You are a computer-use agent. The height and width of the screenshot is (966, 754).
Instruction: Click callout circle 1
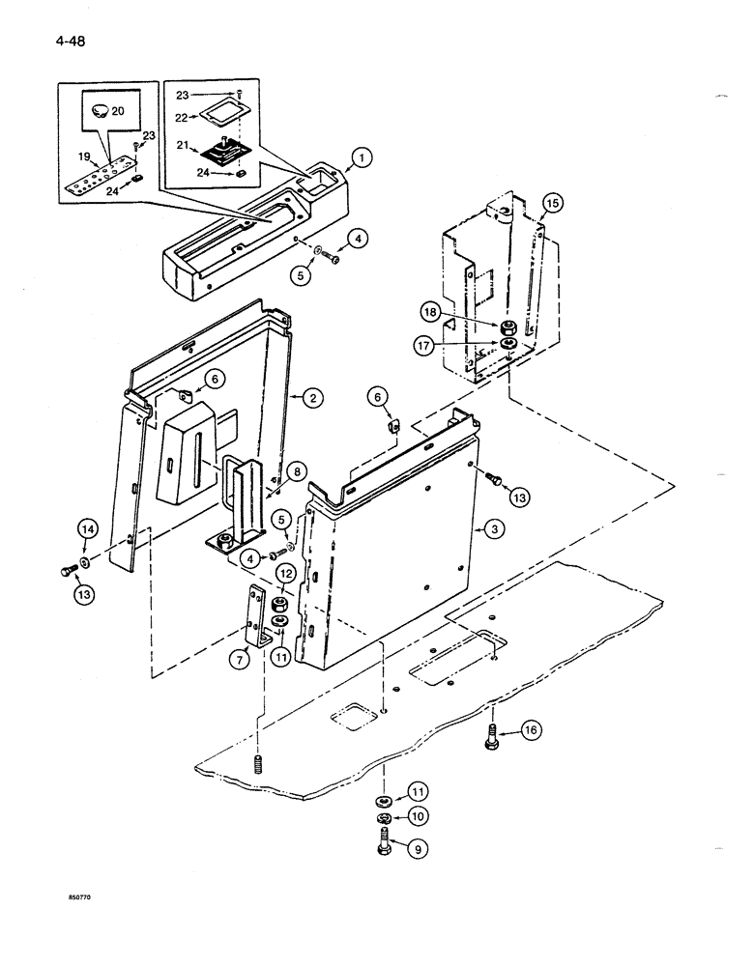click(x=361, y=157)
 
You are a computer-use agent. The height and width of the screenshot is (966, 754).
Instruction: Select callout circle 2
click(x=311, y=396)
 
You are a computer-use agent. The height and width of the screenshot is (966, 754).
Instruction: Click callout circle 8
click(x=298, y=472)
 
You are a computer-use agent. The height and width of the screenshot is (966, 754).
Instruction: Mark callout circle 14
click(x=88, y=528)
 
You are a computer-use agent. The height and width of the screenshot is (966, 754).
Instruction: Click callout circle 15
click(x=550, y=204)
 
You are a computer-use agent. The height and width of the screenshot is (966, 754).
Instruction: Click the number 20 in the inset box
click(x=118, y=112)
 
